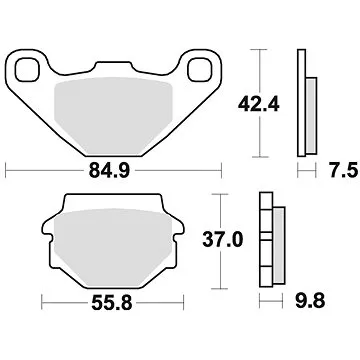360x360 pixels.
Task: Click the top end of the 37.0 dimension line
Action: [230, 196]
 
